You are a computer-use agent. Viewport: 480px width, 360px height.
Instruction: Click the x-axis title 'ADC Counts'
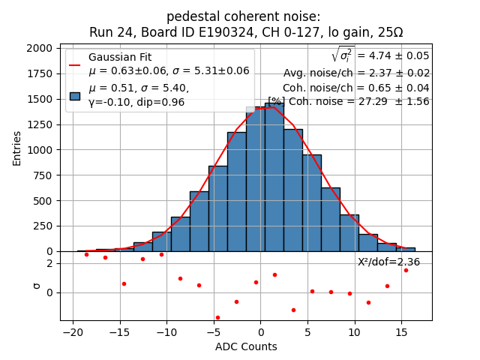(246, 346)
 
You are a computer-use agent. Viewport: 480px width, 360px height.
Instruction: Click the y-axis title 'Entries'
(17, 148)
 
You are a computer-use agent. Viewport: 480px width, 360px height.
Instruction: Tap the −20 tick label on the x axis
(73, 332)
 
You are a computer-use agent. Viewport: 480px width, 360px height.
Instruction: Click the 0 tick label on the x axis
(260, 332)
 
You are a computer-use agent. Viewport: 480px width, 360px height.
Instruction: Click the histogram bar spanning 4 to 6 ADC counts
(311, 203)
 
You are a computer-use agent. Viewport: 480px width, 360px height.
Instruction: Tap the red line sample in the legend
(75, 64)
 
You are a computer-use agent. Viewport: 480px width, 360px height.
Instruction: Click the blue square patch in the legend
(75, 95)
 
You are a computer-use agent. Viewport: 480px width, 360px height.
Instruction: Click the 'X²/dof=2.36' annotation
(388, 262)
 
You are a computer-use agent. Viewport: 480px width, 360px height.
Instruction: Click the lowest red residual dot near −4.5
(217, 317)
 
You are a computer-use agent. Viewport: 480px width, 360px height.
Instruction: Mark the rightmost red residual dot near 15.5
(406, 270)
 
